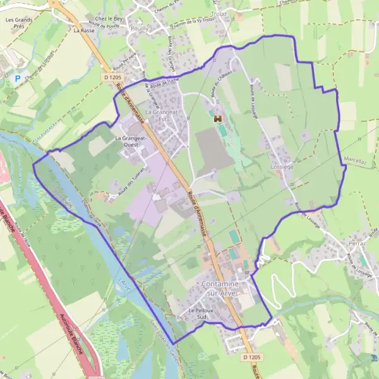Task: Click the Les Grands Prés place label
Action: (x=18, y=23)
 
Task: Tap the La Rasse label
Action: (x=83, y=30)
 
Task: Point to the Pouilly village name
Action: (x=138, y=29)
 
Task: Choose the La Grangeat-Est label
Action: (x=159, y=115)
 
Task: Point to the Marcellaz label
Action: (x=355, y=161)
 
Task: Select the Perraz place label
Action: (x=358, y=243)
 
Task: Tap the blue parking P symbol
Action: (x=17, y=79)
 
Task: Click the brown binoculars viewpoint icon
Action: (x=217, y=118)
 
